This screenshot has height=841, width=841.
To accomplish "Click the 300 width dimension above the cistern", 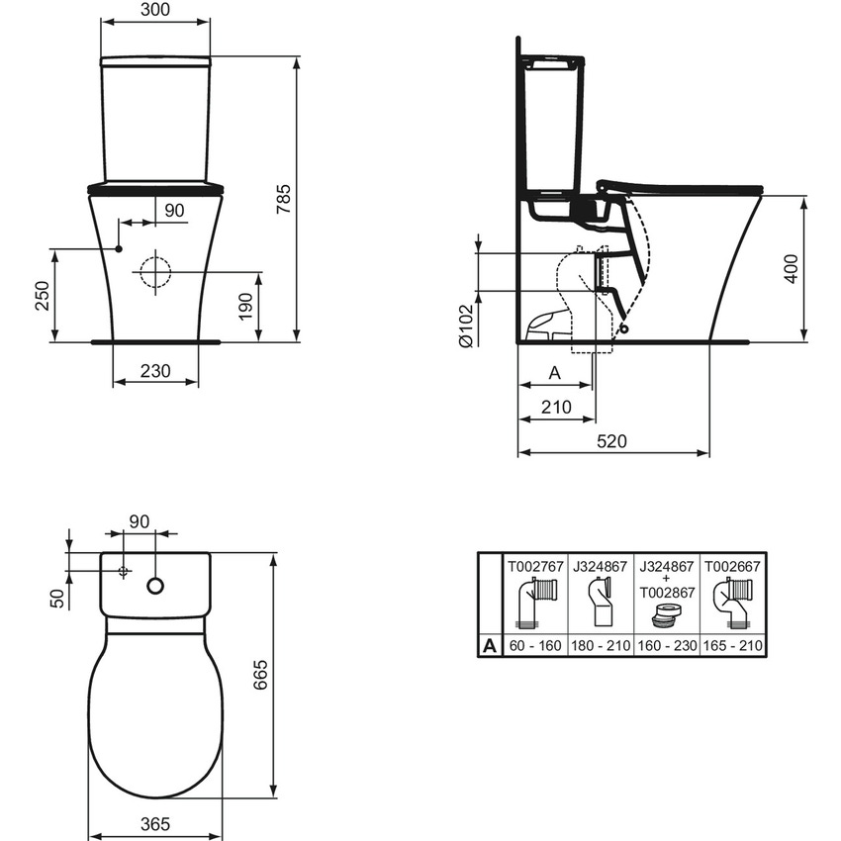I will tap(155, 10).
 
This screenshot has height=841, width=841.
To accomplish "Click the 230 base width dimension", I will tap(155, 371).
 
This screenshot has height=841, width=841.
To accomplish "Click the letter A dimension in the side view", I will tap(554, 373).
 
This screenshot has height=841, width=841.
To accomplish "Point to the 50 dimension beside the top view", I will tap(57, 597).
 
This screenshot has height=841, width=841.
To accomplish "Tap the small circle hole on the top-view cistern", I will tap(155, 586).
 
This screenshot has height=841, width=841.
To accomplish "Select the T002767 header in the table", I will tap(535, 567).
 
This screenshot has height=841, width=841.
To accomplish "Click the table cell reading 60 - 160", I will tap(535, 646).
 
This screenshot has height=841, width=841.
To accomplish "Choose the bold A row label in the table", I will tap(490, 646).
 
